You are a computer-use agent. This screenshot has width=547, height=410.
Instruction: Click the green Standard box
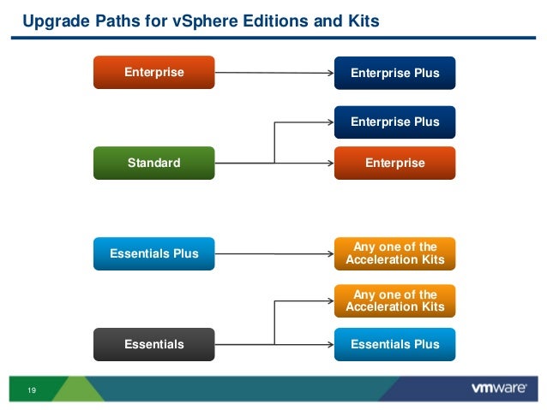point(154,162)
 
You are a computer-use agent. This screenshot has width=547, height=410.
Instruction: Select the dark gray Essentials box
point(154,344)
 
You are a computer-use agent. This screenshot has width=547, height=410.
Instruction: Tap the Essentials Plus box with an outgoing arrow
point(154,253)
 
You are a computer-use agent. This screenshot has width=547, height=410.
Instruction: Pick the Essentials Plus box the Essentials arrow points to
point(394,344)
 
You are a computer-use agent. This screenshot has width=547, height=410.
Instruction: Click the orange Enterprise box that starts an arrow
point(154,72)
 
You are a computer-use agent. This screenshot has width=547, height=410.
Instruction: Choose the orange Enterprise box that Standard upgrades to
point(394,162)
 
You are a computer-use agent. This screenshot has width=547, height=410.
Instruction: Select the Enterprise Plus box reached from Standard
point(394,122)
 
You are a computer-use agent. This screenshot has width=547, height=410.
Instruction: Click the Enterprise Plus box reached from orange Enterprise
point(394,73)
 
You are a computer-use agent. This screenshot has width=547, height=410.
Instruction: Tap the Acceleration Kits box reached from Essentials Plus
point(394,253)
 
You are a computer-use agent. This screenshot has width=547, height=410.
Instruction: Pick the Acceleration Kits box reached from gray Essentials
point(394,300)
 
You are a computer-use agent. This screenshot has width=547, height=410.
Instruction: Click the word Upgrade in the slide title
point(51,18)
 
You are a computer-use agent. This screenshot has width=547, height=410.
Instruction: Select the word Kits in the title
point(359,18)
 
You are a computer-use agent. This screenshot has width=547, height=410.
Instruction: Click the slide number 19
point(32,390)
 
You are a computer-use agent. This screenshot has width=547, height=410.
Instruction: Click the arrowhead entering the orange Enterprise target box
point(330,162)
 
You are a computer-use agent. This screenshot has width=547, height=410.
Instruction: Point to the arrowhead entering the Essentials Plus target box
point(330,344)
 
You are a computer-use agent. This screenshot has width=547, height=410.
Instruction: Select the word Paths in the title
point(108,18)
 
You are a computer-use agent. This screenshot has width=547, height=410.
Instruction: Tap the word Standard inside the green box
point(154,162)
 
